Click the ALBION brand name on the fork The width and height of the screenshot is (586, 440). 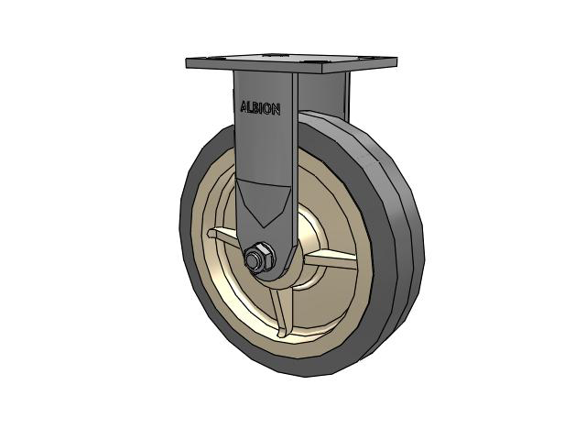pos(260,107)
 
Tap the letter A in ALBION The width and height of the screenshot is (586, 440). pos(244,107)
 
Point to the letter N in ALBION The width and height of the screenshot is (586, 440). pos(277,108)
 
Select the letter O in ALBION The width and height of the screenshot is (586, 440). pos(270,108)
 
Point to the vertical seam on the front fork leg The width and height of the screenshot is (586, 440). pos(294,137)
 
